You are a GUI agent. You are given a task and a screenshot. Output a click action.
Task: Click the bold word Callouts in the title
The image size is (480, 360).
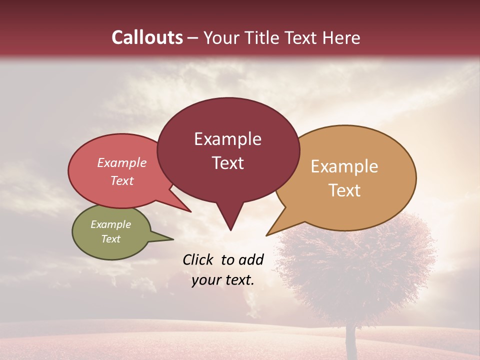pyautogui.click(x=147, y=37)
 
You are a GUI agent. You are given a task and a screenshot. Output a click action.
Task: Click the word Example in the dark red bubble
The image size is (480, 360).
pyautogui.click(x=227, y=139)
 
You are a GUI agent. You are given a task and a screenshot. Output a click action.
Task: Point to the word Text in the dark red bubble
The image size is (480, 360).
pyautogui.click(x=227, y=163)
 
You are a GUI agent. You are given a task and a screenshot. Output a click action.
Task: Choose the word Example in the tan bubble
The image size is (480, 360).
pyautogui.click(x=344, y=166)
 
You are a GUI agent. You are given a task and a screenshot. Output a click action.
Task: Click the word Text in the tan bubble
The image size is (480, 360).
pyautogui.click(x=344, y=190)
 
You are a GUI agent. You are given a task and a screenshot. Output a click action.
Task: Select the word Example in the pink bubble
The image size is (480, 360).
pyautogui.click(x=122, y=163)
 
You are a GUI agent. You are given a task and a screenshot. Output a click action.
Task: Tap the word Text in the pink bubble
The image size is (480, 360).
pyautogui.click(x=122, y=180)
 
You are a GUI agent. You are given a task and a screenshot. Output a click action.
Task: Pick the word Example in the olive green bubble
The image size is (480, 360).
pyautogui.click(x=111, y=224)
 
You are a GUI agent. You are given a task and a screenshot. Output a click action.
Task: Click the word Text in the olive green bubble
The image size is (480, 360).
pyautogui.click(x=111, y=239)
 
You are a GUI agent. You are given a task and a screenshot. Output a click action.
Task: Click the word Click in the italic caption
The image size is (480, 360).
pyautogui.click(x=199, y=259)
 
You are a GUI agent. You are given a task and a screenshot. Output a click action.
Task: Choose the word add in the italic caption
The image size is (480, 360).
pyautogui.click(x=251, y=259)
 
